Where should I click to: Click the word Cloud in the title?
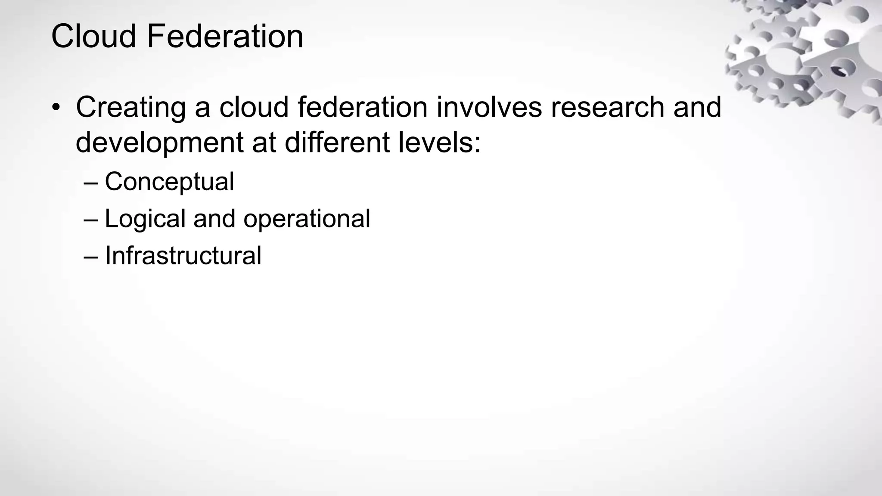click(93, 36)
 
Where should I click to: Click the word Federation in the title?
click(225, 36)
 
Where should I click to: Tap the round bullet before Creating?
click(56, 108)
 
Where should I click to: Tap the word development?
click(160, 143)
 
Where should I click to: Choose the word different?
click(337, 142)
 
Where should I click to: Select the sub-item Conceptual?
click(169, 182)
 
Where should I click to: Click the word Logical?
click(145, 219)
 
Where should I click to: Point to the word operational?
click(307, 219)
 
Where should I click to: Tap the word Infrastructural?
click(183, 255)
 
